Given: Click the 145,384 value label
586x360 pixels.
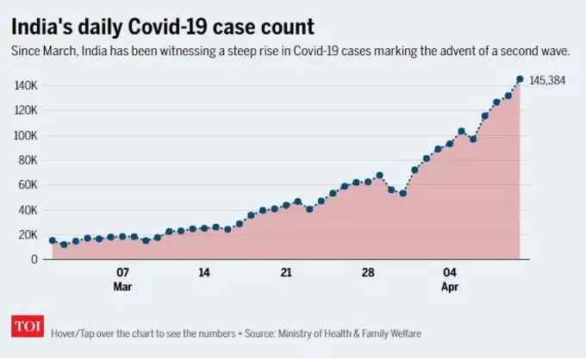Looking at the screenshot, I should (552, 79).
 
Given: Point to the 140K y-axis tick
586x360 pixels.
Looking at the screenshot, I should (25, 85).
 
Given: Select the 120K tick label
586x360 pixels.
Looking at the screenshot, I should (25, 110).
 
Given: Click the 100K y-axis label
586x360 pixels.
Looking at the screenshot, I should (25, 135).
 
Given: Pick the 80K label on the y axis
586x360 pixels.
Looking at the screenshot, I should (28, 160).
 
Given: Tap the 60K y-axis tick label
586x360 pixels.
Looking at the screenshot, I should (28, 185).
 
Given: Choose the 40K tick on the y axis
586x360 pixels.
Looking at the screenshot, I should (28, 209).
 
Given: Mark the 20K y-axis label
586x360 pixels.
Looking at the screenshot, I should (28, 234).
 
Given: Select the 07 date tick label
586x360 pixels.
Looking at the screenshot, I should (122, 272).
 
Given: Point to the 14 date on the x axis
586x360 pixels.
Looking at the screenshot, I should (204, 272).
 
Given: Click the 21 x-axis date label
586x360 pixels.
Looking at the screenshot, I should (286, 272).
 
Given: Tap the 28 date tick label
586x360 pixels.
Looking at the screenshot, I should (368, 272).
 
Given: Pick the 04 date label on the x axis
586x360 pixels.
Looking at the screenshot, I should (450, 272).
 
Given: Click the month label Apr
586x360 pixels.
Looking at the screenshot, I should (450, 285).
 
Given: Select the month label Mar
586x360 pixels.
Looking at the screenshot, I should (122, 285).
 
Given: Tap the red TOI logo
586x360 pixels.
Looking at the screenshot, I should (24, 327).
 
